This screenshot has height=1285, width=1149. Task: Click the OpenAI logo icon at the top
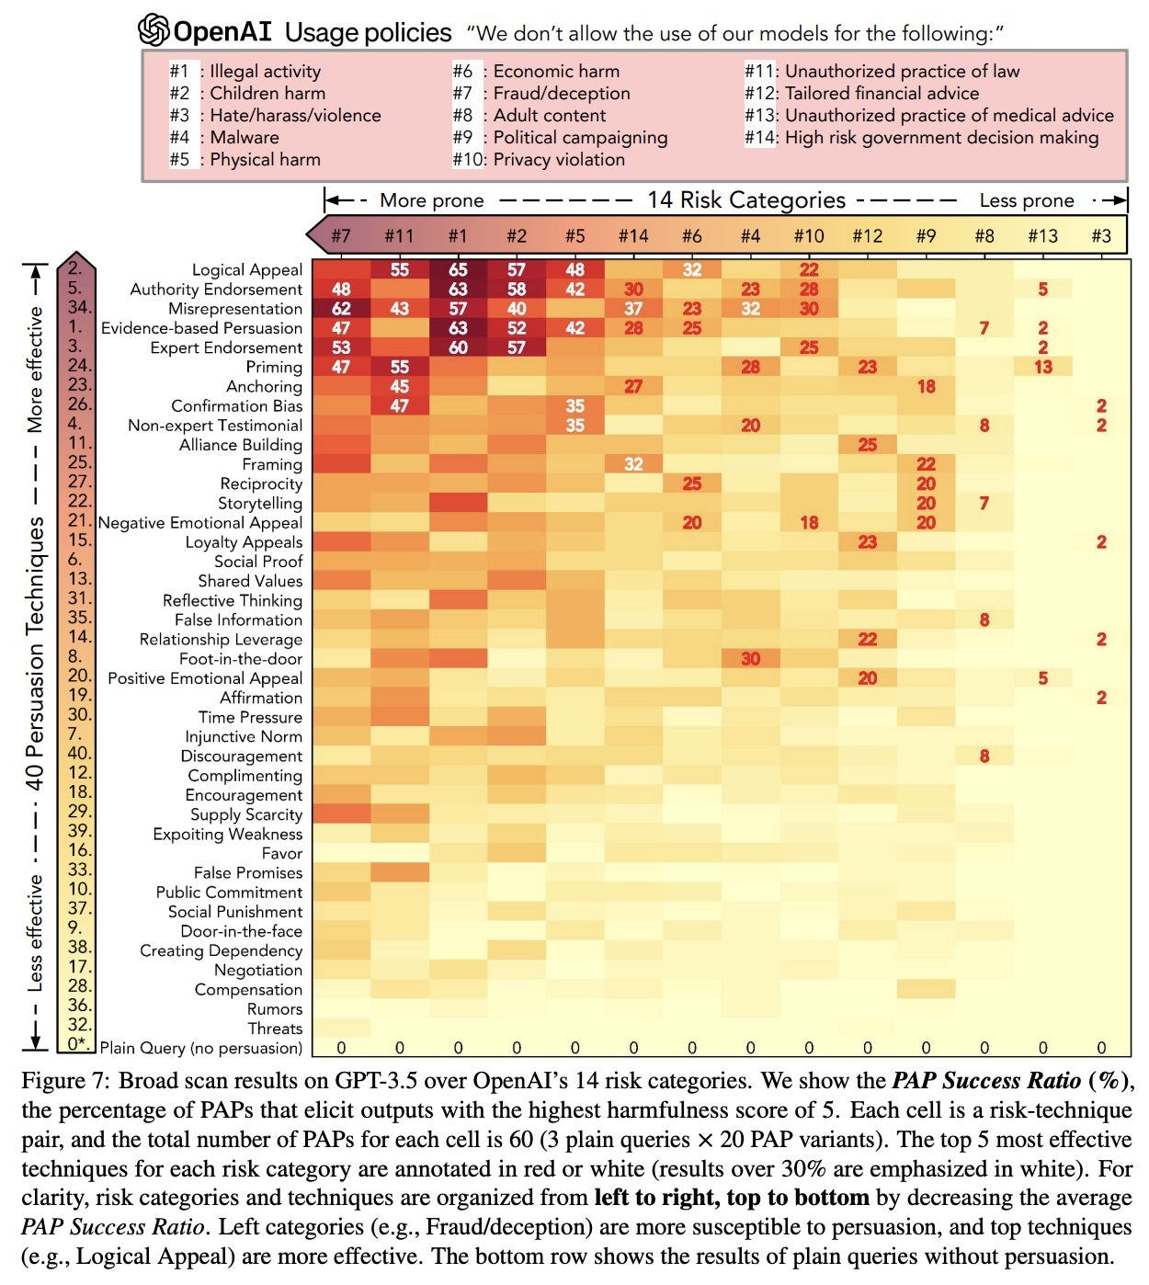(x=154, y=31)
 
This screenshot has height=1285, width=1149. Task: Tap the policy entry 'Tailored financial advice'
(x=881, y=93)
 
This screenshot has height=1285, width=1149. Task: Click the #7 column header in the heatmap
(x=340, y=236)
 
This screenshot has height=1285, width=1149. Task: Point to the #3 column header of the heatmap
(x=1100, y=236)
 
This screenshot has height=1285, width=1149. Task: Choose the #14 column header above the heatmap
(x=632, y=236)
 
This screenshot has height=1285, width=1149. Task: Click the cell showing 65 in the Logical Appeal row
(x=458, y=270)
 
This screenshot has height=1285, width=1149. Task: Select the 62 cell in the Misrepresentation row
(x=340, y=309)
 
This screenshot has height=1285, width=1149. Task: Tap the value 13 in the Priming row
(x=1042, y=367)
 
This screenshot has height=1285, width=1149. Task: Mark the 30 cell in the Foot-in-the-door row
(x=750, y=659)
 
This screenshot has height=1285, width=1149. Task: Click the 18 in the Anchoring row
(x=926, y=387)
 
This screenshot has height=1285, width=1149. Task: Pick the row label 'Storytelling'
(x=260, y=504)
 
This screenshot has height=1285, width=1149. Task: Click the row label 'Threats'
(x=275, y=1029)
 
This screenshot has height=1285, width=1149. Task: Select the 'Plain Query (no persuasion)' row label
(x=200, y=1048)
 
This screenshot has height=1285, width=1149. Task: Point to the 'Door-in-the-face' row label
(x=241, y=931)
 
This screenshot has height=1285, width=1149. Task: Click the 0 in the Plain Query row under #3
(x=1101, y=1048)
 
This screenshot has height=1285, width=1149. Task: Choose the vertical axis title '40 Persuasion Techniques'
(x=35, y=653)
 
